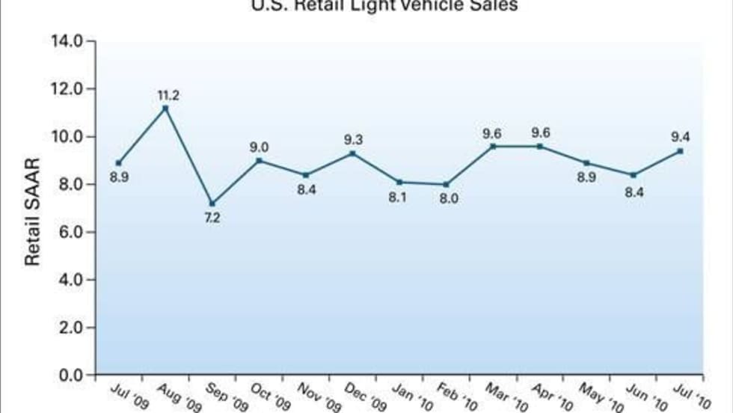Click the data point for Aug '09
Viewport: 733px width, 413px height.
point(165,108)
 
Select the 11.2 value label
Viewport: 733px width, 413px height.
point(168,95)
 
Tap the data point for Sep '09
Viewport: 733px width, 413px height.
point(212,204)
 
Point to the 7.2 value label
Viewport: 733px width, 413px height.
point(212,218)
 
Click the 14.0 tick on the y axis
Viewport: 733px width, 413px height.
point(67,40)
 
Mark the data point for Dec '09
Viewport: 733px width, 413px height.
point(352,153)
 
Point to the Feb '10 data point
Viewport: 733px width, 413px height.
point(447,184)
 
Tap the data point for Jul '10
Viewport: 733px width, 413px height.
point(680,150)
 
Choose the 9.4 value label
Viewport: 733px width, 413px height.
point(681,135)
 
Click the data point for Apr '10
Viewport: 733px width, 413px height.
point(540,146)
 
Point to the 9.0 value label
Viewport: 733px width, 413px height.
point(260,147)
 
